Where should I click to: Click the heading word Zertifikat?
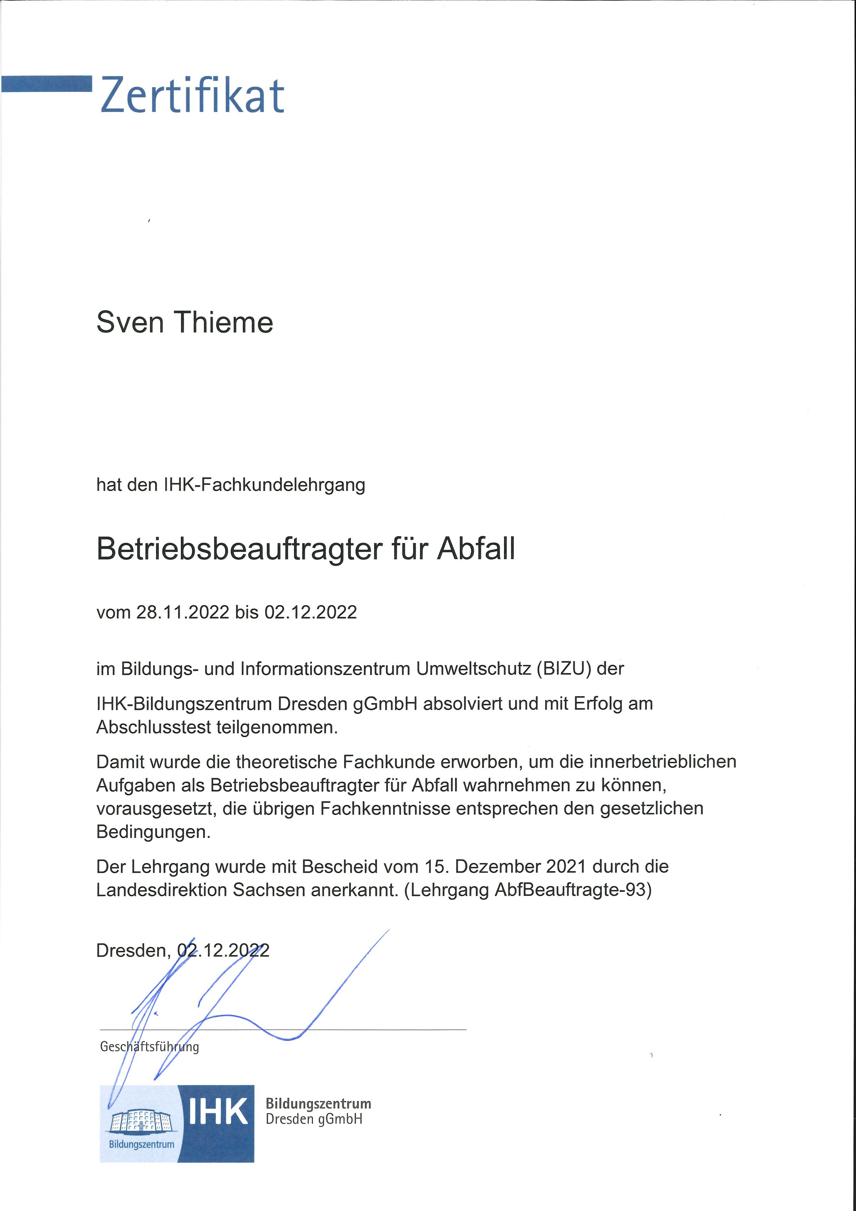tap(192, 96)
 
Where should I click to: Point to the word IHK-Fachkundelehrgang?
tap(265, 485)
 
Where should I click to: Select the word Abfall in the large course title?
tap(476, 549)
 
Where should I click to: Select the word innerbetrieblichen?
tap(662, 762)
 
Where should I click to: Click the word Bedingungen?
tap(153, 832)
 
